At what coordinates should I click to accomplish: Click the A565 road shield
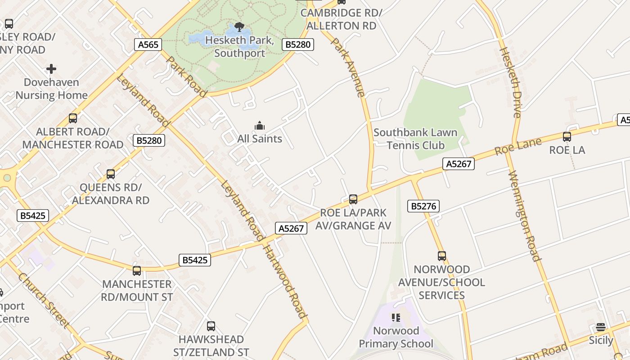148,45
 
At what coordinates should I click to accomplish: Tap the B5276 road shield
423,206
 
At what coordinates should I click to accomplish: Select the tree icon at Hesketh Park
239,27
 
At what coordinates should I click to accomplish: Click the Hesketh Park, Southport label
239,47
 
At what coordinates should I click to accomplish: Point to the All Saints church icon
260,126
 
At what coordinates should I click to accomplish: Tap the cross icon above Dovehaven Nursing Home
51,69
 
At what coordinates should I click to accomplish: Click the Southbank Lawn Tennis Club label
415,139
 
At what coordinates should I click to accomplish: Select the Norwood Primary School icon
396,318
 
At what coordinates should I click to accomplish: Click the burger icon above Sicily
601,327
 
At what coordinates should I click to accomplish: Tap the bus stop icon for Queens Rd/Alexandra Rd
111,174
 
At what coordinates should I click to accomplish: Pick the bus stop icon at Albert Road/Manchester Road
73,118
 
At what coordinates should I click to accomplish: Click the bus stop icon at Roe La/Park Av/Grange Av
353,199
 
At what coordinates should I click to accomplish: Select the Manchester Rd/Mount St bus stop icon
137,271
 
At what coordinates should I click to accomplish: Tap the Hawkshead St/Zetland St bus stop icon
211,326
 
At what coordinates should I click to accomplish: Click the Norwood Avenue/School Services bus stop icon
442,256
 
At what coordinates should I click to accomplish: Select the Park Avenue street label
348,67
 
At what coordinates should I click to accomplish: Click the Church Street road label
44,300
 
